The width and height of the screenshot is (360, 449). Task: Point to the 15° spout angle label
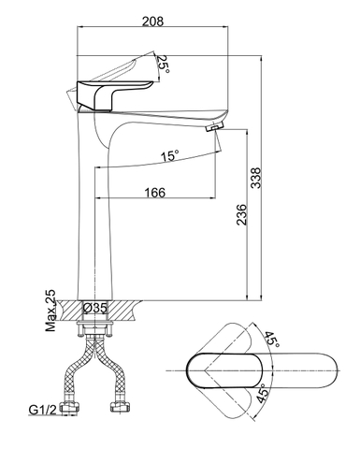(167, 155)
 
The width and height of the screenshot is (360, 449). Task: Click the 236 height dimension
(242, 213)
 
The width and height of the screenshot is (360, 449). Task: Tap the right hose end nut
(121, 409)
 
